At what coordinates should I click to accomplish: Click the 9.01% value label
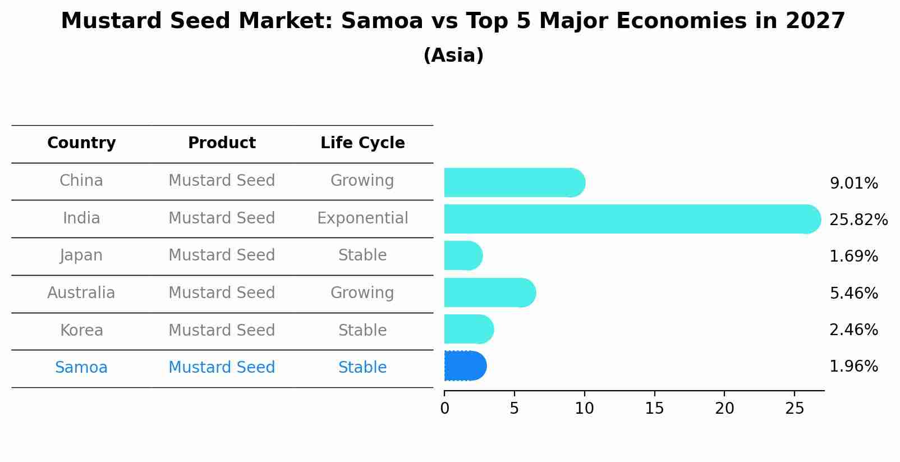tap(853, 184)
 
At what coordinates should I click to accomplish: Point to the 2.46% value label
tap(853, 330)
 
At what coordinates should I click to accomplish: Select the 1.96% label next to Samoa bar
tap(853, 367)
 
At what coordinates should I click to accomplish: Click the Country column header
tap(81, 143)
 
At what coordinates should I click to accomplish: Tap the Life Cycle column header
tap(362, 143)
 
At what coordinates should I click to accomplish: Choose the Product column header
tap(222, 143)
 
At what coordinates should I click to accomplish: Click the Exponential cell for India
tap(362, 218)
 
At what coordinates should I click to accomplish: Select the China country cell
tap(81, 181)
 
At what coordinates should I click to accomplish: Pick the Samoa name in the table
tap(81, 368)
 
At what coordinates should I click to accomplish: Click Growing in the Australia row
tap(362, 293)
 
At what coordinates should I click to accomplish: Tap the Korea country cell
tap(81, 331)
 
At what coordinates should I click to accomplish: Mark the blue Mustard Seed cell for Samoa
tap(222, 368)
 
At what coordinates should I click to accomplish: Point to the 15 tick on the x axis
tap(654, 409)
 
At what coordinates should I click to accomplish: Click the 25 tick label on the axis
tap(795, 409)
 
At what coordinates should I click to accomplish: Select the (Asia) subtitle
tap(453, 56)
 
